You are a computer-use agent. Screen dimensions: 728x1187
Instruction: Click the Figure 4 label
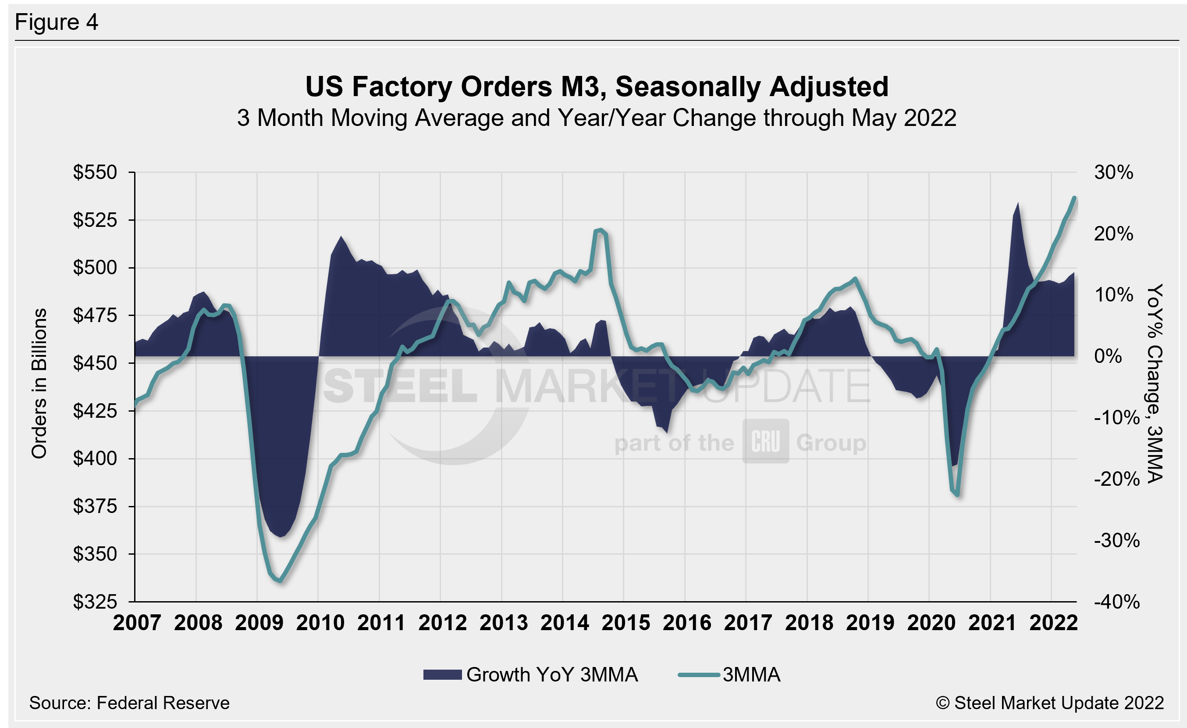click(57, 22)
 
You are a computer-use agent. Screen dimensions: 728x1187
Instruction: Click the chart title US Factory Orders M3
click(597, 87)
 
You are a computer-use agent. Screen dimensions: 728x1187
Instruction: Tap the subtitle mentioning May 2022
click(597, 118)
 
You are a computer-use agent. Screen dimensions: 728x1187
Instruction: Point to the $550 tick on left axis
click(95, 172)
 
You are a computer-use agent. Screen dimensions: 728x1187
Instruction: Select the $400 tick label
click(95, 458)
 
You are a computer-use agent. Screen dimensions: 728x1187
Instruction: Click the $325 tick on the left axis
click(95, 602)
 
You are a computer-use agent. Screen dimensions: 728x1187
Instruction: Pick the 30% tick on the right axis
click(1113, 172)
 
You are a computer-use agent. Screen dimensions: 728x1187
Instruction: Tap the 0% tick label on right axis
click(1108, 356)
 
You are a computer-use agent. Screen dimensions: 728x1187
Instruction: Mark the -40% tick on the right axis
click(1116, 602)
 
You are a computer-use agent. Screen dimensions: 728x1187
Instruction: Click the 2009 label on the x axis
click(259, 623)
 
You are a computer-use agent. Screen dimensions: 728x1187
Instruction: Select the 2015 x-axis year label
click(626, 623)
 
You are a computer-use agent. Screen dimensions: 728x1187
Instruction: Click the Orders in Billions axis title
click(39, 383)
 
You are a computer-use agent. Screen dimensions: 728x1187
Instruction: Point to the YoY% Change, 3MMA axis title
click(1155, 383)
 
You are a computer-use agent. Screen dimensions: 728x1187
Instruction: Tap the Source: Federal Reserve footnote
click(129, 703)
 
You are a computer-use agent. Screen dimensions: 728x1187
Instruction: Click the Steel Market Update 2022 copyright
click(1050, 703)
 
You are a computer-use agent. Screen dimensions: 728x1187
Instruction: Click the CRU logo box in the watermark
click(765, 441)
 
